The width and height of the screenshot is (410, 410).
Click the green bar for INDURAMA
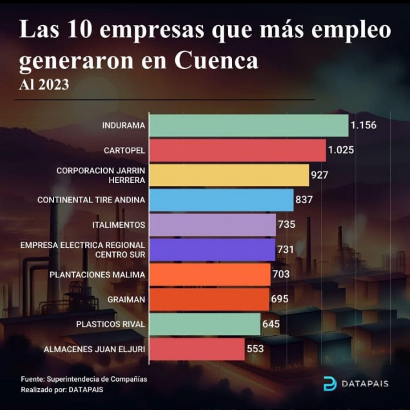point(248,125)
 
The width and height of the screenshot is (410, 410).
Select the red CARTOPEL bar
point(237,150)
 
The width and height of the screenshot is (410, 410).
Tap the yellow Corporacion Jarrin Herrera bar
point(229,175)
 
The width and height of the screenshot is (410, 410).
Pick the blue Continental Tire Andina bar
point(221,200)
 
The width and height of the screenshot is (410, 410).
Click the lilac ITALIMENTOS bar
point(213,225)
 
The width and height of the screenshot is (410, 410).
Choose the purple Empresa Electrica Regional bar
point(212,249)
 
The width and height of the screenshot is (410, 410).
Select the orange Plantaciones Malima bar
point(210,275)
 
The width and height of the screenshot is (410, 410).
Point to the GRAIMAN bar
point(209,299)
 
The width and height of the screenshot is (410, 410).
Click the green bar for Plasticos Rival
point(204,324)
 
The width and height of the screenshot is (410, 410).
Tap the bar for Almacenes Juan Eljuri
point(197,349)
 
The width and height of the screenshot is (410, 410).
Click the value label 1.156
point(364,125)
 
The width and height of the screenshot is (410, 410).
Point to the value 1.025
point(342,150)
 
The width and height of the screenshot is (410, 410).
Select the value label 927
point(319,175)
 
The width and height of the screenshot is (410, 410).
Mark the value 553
point(255,349)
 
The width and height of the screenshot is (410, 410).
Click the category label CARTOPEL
point(124,150)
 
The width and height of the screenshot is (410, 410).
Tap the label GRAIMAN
point(126,299)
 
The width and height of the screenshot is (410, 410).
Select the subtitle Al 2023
point(44,84)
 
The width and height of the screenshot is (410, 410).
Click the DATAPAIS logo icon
point(329,384)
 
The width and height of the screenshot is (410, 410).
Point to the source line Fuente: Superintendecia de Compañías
point(84,379)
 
